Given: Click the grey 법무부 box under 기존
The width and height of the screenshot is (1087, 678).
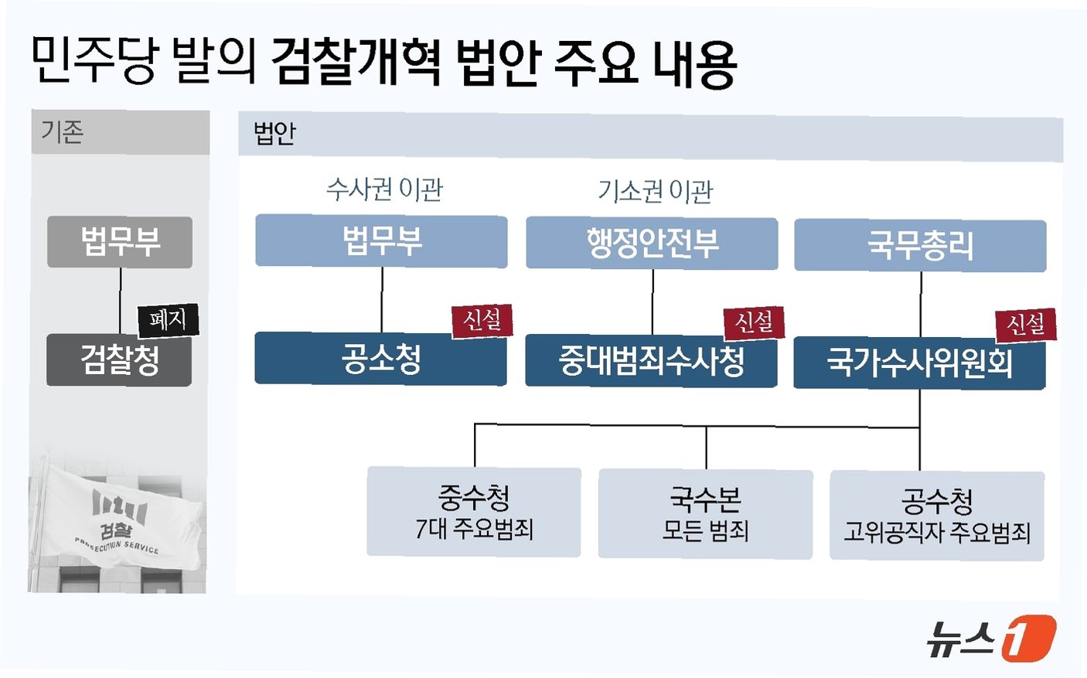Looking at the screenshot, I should pyautogui.click(x=120, y=242).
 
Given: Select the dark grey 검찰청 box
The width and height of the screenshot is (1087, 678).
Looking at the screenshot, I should pyautogui.click(x=119, y=360).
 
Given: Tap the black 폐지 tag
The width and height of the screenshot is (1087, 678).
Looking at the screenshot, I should pyautogui.click(x=168, y=320).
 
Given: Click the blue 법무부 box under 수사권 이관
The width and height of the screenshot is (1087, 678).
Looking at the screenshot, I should pyautogui.click(x=381, y=241).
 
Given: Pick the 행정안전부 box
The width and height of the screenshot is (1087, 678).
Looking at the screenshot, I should pyautogui.click(x=652, y=244).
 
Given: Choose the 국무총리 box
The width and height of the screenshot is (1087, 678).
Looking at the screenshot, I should pyautogui.click(x=920, y=246).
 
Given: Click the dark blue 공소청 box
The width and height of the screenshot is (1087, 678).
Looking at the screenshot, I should pyautogui.click(x=380, y=359).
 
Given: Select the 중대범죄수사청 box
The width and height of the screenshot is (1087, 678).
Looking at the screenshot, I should pyautogui.click(x=651, y=361).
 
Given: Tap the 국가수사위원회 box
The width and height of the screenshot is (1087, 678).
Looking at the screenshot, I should pyautogui.click(x=919, y=363).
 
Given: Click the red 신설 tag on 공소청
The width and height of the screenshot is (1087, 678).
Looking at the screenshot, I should pyautogui.click(x=482, y=320).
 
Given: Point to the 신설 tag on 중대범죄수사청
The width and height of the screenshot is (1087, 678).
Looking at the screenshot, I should pyautogui.click(x=754, y=322).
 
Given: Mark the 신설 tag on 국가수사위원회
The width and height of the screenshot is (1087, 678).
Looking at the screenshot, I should pyautogui.click(x=1025, y=325).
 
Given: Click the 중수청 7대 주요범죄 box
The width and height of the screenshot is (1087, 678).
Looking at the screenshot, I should pyautogui.click(x=474, y=512).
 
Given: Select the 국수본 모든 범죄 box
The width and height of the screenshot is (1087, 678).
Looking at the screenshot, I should pyautogui.click(x=705, y=514).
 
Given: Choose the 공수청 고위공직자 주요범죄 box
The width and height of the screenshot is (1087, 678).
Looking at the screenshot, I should pyautogui.click(x=936, y=516).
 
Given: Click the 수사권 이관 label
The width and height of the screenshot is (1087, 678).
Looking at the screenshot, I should pyautogui.click(x=384, y=189).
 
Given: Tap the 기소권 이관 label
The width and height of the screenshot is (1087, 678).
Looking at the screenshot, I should pyautogui.click(x=655, y=191).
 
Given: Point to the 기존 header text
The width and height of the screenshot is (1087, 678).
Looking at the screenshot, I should pyautogui.click(x=62, y=132).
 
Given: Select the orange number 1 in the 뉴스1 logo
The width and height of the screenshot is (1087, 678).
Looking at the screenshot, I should pyautogui.click(x=1028, y=638).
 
